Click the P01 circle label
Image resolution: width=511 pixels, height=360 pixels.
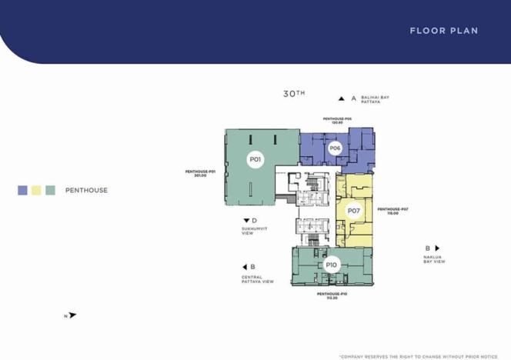[255, 160]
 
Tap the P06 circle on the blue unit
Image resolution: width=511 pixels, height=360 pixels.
[335, 148]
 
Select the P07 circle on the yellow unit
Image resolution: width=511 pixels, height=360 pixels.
[353, 210]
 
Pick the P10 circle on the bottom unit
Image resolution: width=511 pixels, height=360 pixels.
[331, 265]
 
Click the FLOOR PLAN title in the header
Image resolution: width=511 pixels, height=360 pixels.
[443, 31]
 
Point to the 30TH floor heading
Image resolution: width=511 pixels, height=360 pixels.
[293, 94]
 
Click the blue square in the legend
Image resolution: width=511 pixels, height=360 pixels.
[22, 190]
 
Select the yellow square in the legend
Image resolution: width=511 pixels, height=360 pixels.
[36, 190]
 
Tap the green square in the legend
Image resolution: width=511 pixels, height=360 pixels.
[50, 190]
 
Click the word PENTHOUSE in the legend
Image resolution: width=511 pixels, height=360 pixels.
[86, 190]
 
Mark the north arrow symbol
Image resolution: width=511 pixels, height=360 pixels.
[72, 315]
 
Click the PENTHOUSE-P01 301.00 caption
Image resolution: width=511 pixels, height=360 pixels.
[200, 173]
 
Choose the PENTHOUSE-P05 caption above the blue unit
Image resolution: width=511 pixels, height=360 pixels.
[337, 120]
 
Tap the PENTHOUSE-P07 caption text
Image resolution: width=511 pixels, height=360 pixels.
[392, 211]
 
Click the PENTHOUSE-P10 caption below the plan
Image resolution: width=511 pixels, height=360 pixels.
[332, 295]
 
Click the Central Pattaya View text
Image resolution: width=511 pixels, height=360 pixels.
[257, 279]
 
